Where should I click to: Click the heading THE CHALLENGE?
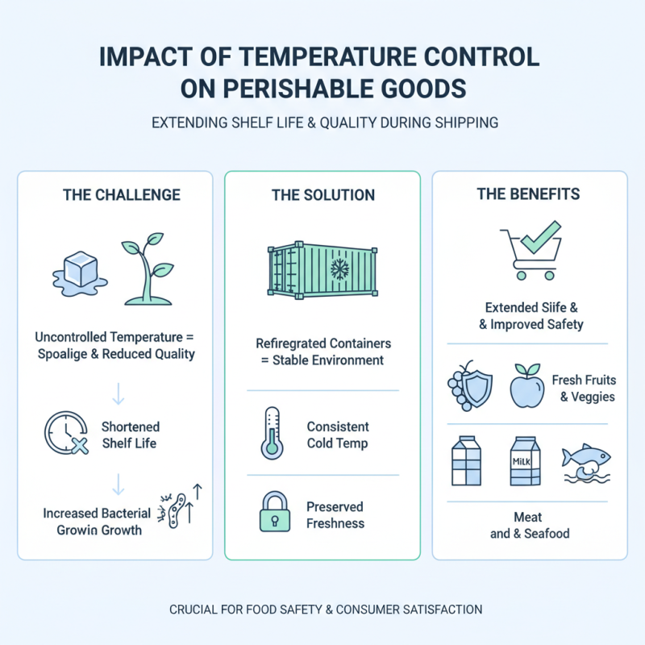pos(122,195)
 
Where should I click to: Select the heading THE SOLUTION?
pos(322,195)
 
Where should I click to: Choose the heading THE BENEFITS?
pos(529,194)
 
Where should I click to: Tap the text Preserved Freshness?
pos(335,515)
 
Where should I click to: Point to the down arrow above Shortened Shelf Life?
pos(119,393)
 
